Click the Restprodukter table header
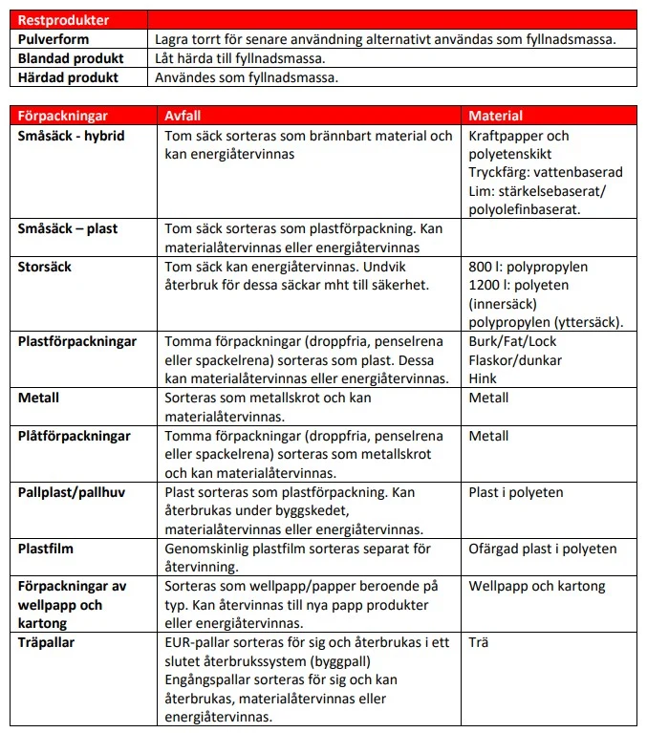click(63, 19)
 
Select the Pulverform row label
click(54, 39)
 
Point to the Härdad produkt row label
click(68, 77)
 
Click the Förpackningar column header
click(63, 115)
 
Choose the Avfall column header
click(183, 115)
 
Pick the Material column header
click(495, 115)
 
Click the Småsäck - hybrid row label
click(72, 136)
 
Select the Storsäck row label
click(45, 266)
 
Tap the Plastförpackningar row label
click(77, 341)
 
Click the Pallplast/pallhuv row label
click(72, 492)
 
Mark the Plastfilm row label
click(46, 549)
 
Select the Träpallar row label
click(47, 642)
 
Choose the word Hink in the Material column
click(483, 378)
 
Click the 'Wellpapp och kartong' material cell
click(537, 586)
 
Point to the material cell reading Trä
click(479, 642)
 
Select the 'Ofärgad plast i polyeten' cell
click(543, 549)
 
